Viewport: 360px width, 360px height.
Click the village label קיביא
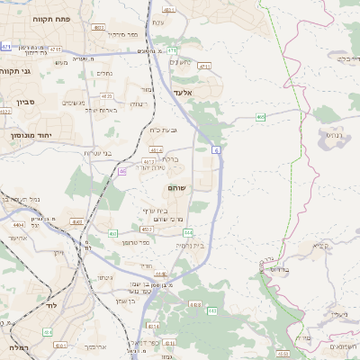coord(320,245)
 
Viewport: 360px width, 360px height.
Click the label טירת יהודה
coord(153,167)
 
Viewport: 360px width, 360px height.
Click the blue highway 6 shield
coord(217,149)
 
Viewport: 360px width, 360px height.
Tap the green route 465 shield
coord(260,116)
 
